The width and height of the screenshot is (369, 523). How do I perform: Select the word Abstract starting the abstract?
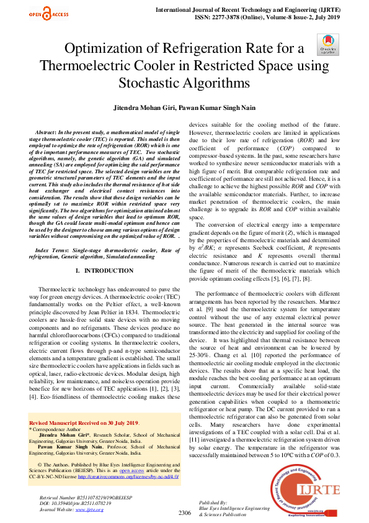[47, 134]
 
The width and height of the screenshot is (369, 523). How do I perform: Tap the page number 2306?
[184, 512]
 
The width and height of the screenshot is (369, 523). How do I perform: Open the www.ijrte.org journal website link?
[89, 509]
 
